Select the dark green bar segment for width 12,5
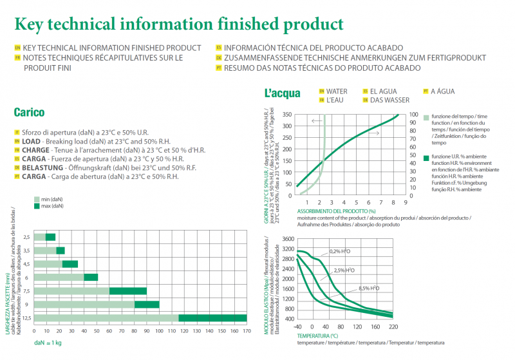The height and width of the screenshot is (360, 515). pyautogui.click(x=212, y=317)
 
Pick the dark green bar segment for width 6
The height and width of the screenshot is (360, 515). pyautogui.click(x=91, y=277)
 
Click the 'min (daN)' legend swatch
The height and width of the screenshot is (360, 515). pyautogui.click(x=37, y=200)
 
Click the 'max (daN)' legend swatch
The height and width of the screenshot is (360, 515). pyautogui.click(x=37, y=206)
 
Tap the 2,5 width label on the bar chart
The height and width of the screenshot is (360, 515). pyautogui.click(x=26, y=237)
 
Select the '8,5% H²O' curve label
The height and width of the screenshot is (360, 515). pyautogui.click(x=369, y=288)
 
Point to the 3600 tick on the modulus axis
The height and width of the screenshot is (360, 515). pyautogui.click(x=286, y=239)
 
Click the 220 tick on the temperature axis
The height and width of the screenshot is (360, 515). pyautogui.click(x=393, y=327)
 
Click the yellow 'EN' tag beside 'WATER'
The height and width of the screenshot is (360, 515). pyautogui.click(x=322, y=91)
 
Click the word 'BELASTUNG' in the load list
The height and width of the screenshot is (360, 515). pyautogui.click(x=41, y=167)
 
